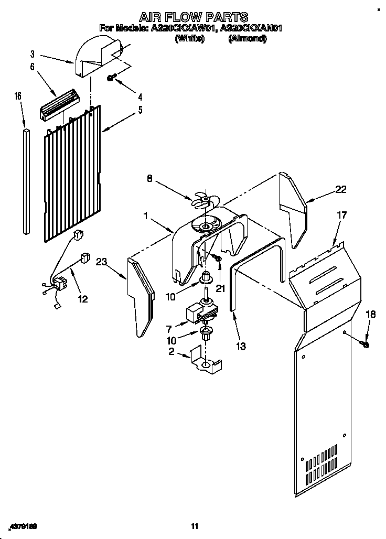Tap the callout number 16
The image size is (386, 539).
point(18,96)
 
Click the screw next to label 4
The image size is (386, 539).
point(111,78)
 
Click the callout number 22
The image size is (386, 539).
point(341,190)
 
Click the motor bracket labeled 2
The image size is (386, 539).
point(206,361)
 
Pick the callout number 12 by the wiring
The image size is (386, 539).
point(82,299)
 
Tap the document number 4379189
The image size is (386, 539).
point(24,526)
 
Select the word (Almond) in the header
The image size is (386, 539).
point(247,39)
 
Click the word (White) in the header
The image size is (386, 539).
point(189,39)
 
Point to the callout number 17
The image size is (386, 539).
point(341,214)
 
